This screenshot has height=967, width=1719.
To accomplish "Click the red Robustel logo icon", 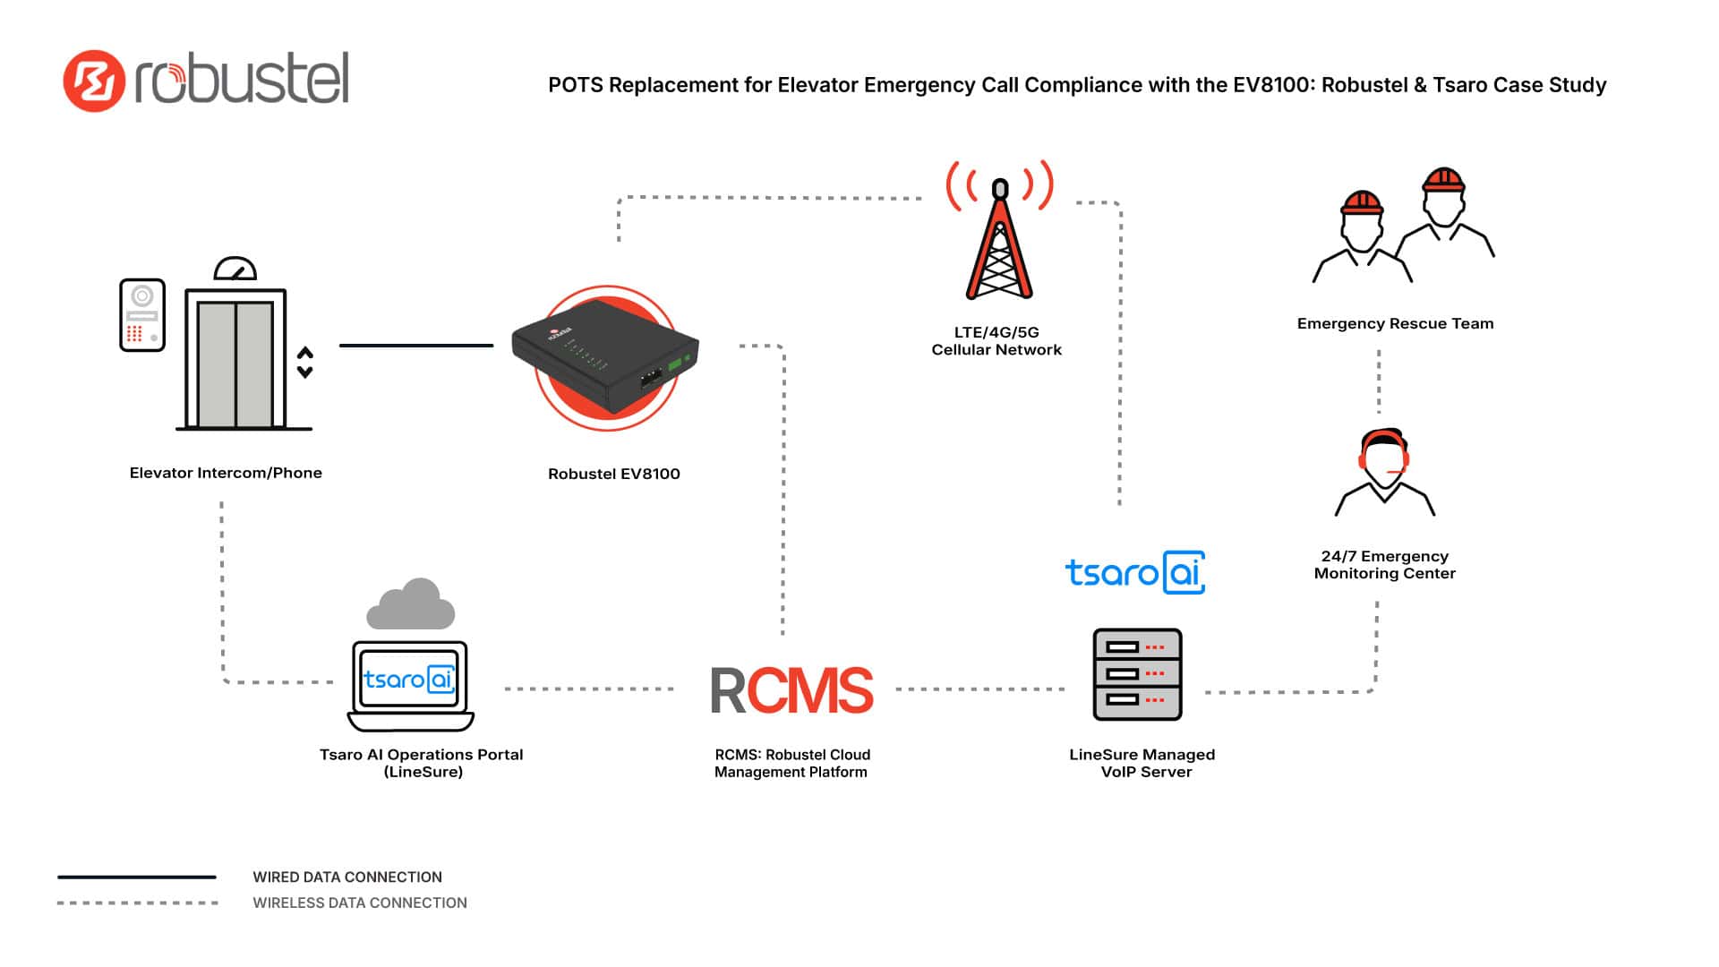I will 93,81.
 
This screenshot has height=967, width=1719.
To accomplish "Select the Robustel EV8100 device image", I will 606,358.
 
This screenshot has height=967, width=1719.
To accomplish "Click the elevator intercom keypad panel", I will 142,315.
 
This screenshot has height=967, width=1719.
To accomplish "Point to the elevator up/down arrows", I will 305,362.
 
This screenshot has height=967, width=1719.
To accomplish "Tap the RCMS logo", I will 791,690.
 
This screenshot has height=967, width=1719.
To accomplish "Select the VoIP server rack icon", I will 1137,674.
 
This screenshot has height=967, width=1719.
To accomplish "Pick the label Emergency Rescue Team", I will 1395,324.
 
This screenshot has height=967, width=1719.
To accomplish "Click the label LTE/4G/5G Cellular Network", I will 996,341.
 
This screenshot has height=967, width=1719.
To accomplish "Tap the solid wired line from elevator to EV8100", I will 416,345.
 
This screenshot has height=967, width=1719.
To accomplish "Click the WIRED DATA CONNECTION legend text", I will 347,877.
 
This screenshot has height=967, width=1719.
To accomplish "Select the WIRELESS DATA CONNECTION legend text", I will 360,903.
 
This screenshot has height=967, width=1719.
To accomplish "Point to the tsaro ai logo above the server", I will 1134,572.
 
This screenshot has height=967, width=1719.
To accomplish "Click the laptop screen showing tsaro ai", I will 410,680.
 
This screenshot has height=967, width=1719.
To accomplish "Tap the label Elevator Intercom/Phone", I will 226,473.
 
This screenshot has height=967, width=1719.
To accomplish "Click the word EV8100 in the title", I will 1271,85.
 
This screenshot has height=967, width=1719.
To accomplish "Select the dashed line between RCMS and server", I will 980,689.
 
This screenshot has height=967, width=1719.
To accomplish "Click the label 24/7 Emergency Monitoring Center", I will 1384,565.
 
